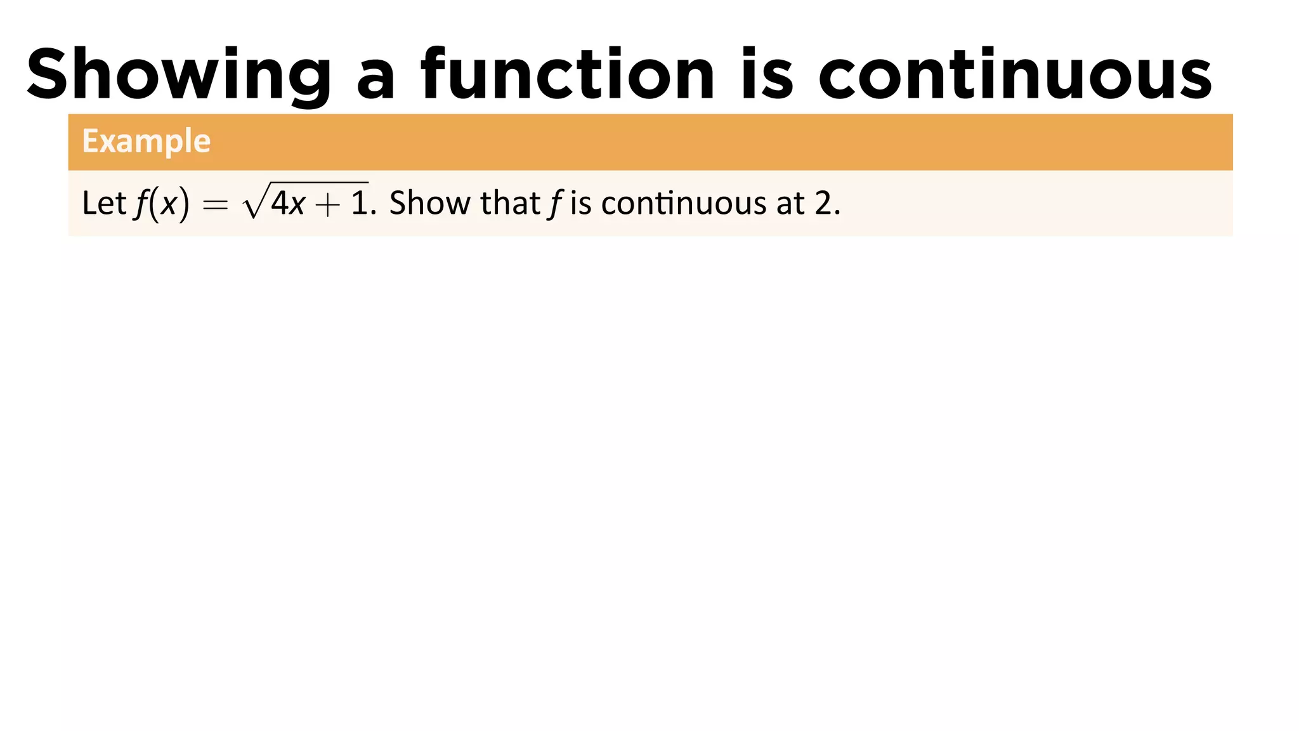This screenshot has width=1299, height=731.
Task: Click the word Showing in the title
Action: (179, 75)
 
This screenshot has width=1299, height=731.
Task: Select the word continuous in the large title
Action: (1015, 75)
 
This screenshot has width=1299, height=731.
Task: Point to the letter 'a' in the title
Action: (375, 81)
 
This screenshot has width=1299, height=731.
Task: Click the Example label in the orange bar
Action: (146, 141)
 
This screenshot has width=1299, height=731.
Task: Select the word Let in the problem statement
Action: (104, 203)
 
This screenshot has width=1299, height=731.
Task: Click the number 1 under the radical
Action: (359, 204)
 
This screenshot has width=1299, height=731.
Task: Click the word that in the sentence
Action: (510, 203)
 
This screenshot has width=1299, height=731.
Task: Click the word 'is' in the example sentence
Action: (580, 204)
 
